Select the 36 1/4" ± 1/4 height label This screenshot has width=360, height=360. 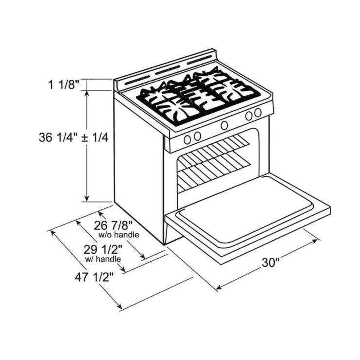click(73, 138)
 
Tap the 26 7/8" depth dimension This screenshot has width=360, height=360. click(113, 225)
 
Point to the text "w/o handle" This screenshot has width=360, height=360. click(119, 234)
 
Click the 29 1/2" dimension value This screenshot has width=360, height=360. click(103, 250)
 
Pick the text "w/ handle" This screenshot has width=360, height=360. click(103, 259)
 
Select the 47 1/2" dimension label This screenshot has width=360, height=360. click(94, 277)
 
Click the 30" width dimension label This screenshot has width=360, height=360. click(270, 262)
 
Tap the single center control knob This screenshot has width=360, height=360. click(224, 125)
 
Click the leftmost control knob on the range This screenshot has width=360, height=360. click(187, 139)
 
